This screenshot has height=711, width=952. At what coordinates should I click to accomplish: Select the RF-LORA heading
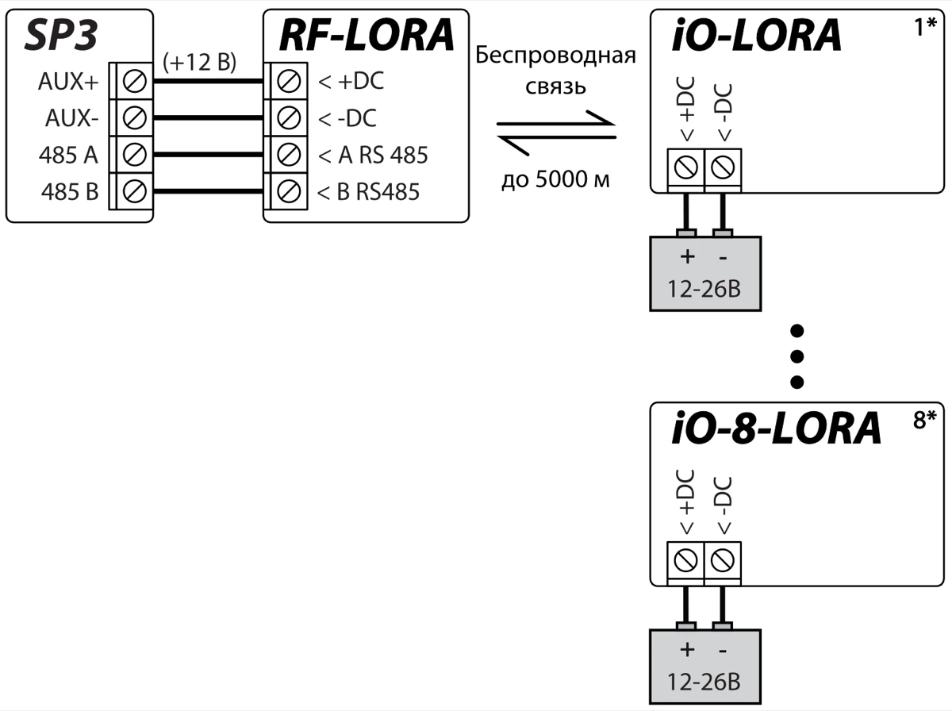tap(366, 36)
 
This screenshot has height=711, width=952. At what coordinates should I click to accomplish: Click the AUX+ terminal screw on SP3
tap(136, 81)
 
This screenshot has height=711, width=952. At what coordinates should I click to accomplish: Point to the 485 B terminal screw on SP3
tap(136, 191)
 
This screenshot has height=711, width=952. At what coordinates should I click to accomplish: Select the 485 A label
tap(68, 155)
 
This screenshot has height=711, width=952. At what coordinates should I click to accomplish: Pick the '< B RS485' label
tap(369, 191)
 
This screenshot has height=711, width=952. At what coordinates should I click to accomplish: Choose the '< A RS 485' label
tap(373, 155)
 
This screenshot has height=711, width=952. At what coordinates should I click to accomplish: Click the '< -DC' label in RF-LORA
tap(347, 118)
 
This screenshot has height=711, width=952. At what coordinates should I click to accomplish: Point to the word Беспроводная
tap(555, 56)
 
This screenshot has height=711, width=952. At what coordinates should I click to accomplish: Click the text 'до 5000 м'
tap(555, 180)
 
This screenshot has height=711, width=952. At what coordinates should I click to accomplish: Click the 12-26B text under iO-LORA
tap(704, 288)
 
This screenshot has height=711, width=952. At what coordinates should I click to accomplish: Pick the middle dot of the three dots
tap(799, 355)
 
